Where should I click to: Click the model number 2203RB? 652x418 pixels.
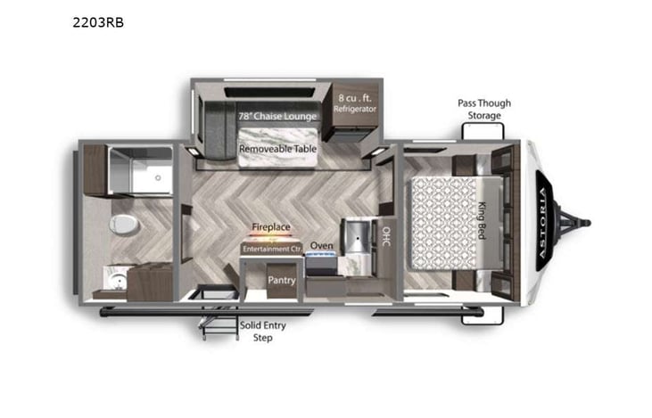(98, 22)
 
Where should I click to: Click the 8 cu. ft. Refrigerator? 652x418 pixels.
(355, 102)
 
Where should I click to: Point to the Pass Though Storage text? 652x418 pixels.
(484, 108)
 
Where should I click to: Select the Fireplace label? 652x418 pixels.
(270, 227)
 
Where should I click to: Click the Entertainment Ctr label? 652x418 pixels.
(270, 249)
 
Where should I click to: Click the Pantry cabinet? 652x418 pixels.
(282, 280)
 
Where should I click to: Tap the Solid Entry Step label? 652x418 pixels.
(262, 332)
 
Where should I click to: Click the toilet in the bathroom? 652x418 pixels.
(124, 222)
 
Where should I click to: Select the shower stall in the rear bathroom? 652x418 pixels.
(138, 170)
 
